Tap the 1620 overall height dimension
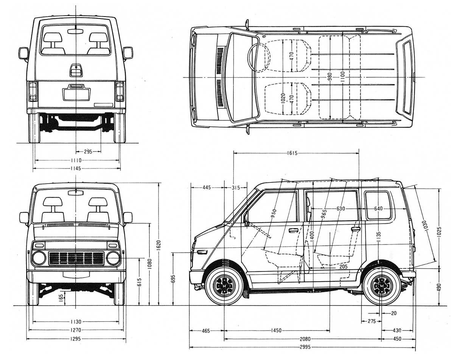pyautogui.click(x=159, y=244)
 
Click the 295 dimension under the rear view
pyautogui.click(x=88, y=151)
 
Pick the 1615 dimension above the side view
pyautogui.click(x=292, y=153)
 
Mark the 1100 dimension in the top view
pyautogui.click(x=342, y=76)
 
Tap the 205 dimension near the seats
pyautogui.click(x=343, y=267)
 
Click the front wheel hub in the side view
pyautogui.click(x=224, y=286)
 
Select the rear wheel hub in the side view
pyautogui.click(x=381, y=286)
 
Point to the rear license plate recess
pyautogui.click(x=76, y=94)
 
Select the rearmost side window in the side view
pyautogui.click(x=378, y=205)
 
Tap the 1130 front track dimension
pyautogui.click(x=76, y=322)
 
